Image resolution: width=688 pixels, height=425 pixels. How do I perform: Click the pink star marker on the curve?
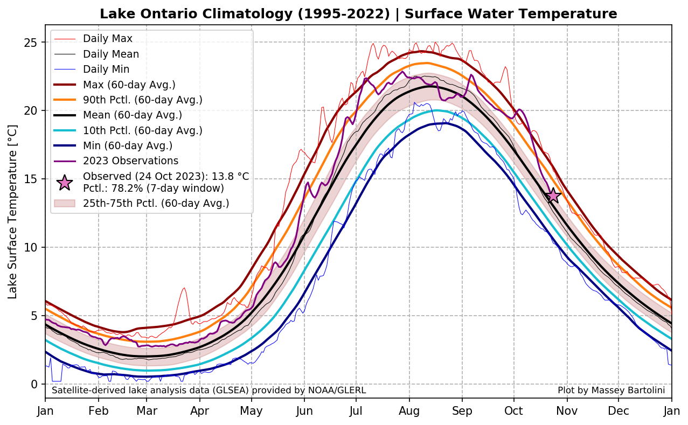[552, 195]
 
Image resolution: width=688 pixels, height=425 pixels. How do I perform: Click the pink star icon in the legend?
[65, 183]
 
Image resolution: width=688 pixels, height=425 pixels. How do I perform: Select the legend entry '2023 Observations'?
[130, 161]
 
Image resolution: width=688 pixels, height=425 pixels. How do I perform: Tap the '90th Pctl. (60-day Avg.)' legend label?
[142, 100]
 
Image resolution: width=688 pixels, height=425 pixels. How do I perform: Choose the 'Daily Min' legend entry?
[106, 69]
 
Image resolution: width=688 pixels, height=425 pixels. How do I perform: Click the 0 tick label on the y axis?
[35, 384]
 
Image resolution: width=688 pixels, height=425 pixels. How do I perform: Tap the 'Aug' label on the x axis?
[409, 411]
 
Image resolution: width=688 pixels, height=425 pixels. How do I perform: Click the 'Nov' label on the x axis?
[567, 411]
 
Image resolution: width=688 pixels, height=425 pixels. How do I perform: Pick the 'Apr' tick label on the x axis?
[200, 411]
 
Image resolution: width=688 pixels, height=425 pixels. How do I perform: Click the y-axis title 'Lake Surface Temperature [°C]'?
[13, 211]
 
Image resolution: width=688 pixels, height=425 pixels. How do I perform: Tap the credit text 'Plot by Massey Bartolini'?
[611, 390]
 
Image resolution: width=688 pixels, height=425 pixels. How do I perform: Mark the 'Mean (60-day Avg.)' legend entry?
[133, 115]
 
